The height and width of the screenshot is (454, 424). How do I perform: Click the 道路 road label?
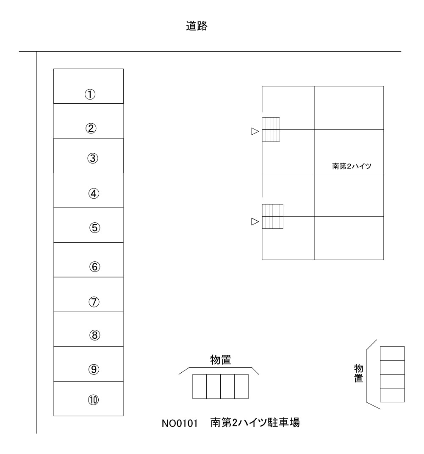coord(197,26)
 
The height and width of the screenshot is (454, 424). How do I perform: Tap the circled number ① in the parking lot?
coord(90,94)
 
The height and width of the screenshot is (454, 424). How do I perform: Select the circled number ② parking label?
coord(91,128)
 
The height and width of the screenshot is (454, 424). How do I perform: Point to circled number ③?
coord(93,158)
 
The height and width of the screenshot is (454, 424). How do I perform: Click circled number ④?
coord(94,194)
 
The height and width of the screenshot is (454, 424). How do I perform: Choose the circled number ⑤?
coord(94,228)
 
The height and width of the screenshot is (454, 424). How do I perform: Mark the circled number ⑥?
coord(94,267)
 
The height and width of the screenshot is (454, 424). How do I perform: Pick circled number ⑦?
coord(94,302)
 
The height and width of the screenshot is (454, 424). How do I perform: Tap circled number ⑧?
coord(94,335)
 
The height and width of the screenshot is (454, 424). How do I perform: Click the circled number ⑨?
coord(94,369)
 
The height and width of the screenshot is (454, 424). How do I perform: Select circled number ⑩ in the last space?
coord(93,400)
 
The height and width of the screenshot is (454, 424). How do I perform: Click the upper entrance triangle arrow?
coord(255,131)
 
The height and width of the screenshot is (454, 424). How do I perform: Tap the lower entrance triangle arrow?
coord(255,222)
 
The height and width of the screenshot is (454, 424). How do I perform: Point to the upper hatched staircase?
coord(271,130)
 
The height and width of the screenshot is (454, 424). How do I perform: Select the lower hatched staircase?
coord(272,216)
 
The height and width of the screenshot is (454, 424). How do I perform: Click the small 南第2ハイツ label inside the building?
coord(352,166)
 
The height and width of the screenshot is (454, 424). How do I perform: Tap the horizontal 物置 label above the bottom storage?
coord(221,360)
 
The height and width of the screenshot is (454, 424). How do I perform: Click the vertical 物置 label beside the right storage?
coord(358,373)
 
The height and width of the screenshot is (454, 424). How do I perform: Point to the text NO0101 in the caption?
coord(180,424)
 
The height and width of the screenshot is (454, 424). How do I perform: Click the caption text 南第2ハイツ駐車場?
coord(255,423)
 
